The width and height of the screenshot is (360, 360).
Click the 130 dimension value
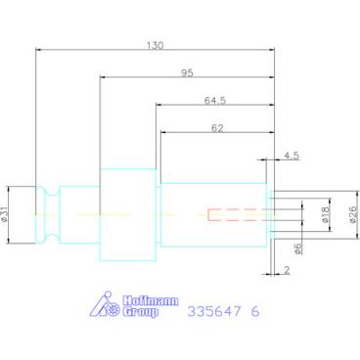(155, 45)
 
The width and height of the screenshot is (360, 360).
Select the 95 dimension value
(187, 73)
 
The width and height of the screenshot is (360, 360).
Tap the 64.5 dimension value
(215, 101)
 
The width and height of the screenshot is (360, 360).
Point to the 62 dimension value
(217, 128)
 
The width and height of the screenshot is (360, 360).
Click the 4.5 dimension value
(292, 156)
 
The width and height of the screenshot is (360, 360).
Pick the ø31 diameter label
(4, 214)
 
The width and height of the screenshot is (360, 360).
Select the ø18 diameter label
(326, 215)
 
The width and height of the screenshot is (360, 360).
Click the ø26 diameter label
(353, 215)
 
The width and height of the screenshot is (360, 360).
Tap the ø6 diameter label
(297, 248)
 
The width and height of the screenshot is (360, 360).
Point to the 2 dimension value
(287, 270)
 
